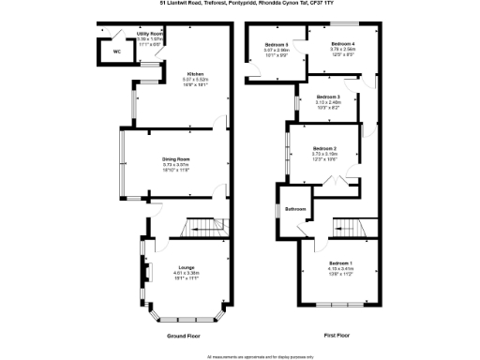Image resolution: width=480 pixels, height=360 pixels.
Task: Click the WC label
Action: [117, 52]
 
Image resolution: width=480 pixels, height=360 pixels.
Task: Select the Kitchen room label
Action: [196, 74]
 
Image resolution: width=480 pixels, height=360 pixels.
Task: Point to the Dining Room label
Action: [176, 158]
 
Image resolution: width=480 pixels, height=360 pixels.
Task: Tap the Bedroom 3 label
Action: [327, 97]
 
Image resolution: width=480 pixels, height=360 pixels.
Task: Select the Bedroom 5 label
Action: [276, 45]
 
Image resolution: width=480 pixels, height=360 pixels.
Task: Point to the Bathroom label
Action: [296, 208]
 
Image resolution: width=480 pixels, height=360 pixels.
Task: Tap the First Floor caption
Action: [337, 334]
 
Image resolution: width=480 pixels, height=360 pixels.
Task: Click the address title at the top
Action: [240, 5]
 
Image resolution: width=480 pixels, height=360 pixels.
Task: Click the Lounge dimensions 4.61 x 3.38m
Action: [187, 273]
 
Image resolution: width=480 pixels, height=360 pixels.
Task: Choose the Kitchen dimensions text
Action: [196, 80]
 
